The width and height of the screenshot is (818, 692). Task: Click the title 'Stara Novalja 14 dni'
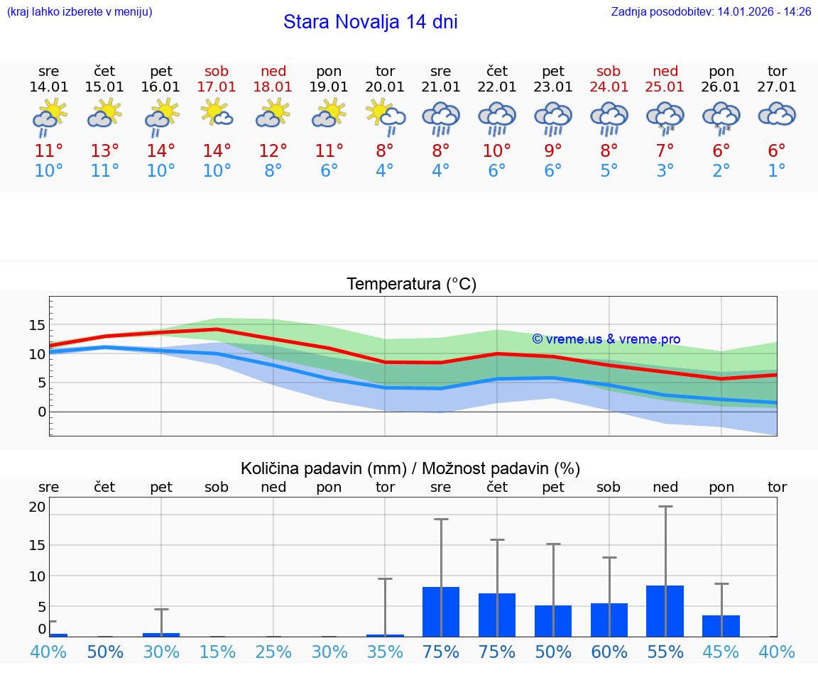pos(370,22)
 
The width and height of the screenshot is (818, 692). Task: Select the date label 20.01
pos(385,87)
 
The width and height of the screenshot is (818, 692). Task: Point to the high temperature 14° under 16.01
pos(161,151)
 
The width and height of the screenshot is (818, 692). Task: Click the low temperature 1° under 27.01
pos(777,171)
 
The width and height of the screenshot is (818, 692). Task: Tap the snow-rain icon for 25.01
pos(665,118)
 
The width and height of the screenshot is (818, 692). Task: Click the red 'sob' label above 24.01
pos(609,72)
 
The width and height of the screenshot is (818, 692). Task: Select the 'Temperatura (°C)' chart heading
pos(411,285)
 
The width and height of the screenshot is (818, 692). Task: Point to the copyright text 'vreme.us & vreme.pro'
pos(606,339)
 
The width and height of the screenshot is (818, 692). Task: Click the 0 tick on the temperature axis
pos(42,412)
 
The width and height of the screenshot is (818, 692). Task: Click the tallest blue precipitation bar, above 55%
pos(665,611)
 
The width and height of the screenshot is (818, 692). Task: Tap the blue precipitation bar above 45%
pos(721,626)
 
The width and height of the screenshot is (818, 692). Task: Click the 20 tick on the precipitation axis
pos(37,507)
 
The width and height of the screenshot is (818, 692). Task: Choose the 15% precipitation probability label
pos(217,652)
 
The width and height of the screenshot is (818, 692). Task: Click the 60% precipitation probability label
pos(609,652)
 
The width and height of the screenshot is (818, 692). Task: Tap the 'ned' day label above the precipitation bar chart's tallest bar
pos(665,488)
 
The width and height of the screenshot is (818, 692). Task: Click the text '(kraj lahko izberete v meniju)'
pos(80,12)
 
